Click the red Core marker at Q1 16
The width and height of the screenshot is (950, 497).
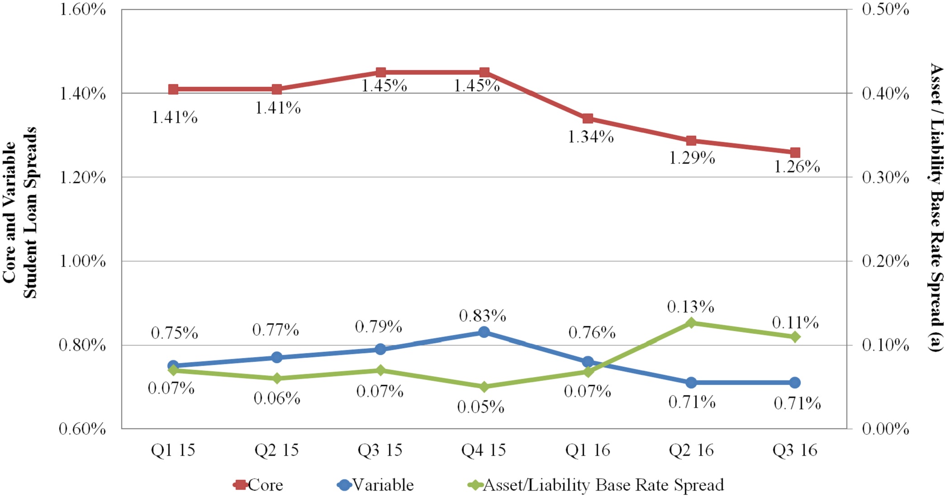(588, 118)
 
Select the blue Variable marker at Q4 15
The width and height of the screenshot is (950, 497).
(484, 332)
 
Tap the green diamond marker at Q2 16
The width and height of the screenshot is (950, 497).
(691, 323)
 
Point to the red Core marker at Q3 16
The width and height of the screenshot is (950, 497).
(795, 152)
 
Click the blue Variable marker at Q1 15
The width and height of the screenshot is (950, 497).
(173, 365)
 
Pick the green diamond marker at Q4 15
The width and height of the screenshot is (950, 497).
(484, 387)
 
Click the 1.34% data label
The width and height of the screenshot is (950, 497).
(591, 137)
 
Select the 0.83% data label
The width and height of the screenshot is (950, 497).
(482, 316)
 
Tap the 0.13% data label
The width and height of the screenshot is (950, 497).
(690, 307)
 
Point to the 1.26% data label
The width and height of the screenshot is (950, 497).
(797, 167)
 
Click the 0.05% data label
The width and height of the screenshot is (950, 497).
(480, 407)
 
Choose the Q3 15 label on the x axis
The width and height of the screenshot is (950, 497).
(380, 450)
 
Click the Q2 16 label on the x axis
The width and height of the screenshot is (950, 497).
(691, 450)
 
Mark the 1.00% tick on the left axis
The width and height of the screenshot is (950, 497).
(83, 261)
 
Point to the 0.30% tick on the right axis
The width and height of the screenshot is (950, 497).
(885, 177)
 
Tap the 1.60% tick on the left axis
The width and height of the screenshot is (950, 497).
(83, 9)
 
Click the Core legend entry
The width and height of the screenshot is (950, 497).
(259, 485)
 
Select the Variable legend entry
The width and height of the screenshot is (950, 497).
(375, 485)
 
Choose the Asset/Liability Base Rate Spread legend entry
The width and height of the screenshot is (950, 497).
(596, 485)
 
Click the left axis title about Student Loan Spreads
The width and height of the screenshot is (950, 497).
(20, 213)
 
